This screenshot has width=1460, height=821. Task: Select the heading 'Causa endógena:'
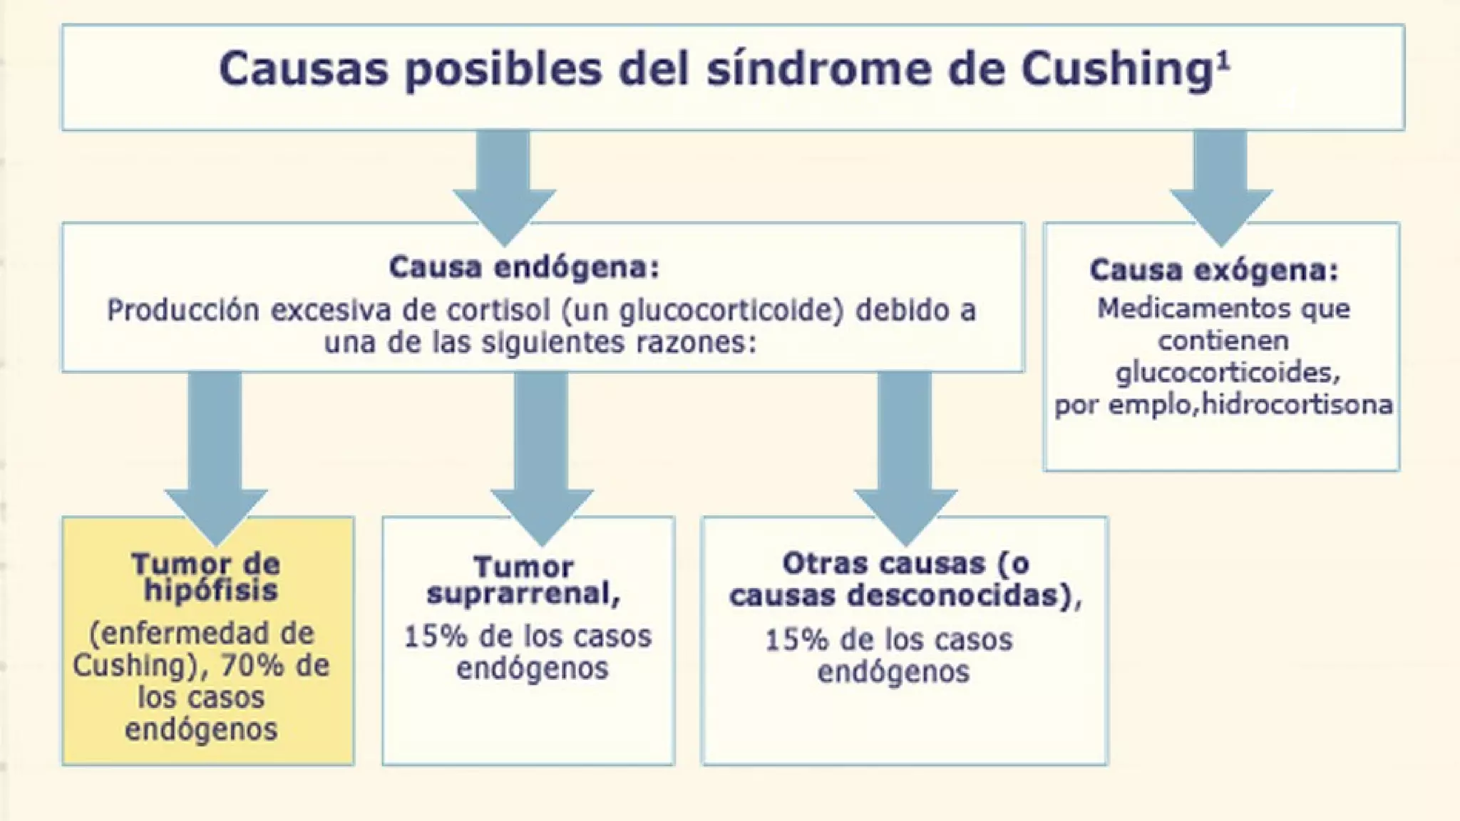coord(524,268)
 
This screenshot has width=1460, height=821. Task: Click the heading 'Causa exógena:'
coord(1214,271)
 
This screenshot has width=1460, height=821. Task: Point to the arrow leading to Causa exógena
coord(1221,189)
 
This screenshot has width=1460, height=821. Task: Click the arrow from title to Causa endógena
coord(504,189)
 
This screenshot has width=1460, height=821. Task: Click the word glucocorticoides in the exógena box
coord(1223,373)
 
